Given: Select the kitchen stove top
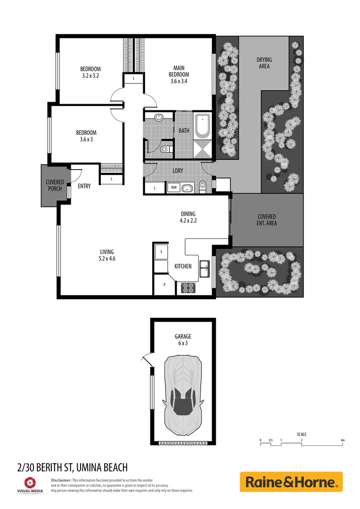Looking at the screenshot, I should (x=188, y=287).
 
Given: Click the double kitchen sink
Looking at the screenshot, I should (x=205, y=270).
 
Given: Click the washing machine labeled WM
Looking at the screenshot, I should (x=173, y=188).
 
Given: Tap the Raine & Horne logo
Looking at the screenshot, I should (x=291, y=482).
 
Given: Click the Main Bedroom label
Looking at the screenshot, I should (x=179, y=74).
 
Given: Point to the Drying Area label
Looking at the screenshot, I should (x=264, y=63).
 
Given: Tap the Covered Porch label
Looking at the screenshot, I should (x=55, y=185).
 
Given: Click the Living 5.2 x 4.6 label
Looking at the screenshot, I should (x=106, y=255).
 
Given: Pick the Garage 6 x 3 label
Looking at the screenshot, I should (x=183, y=340).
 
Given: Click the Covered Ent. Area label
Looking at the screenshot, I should (x=267, y=220).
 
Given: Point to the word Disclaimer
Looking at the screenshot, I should (x=61, y=480).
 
